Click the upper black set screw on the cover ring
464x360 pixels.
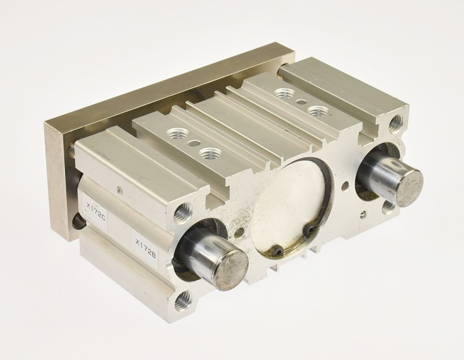click(x=311, y=228)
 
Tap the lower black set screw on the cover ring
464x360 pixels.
click(x=278, y=251)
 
